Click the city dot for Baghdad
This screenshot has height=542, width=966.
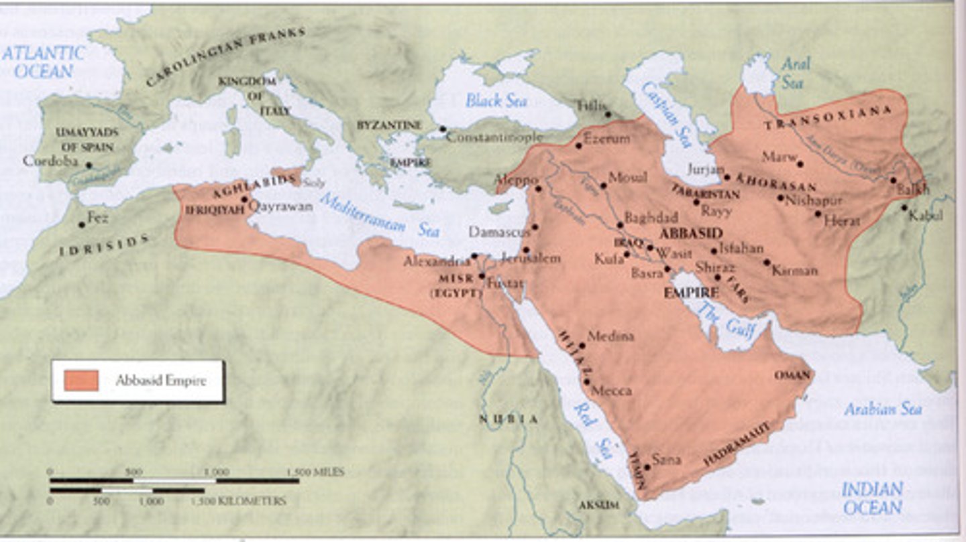click(619, 226)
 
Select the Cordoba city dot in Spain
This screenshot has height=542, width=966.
click(89, 165)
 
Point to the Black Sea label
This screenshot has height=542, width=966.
click(496, 101)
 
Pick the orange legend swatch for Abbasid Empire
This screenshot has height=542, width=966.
click(81, 381)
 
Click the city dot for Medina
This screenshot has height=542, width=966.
click(582, 346)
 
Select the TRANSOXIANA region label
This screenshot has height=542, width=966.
click(828, 119)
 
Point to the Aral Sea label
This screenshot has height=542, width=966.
click(796, 72)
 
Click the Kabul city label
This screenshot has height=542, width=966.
click(926, 215)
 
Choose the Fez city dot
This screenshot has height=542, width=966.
click(82, 224)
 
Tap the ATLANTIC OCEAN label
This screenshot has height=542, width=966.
click(43, 62)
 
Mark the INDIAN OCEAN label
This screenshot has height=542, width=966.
click(872, 498)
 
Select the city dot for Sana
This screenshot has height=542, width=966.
click(647, 467)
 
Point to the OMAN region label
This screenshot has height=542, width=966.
click(792, 375)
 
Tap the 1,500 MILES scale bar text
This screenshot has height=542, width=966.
click(315, 472)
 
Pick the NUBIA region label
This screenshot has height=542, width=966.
click(508, 419)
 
